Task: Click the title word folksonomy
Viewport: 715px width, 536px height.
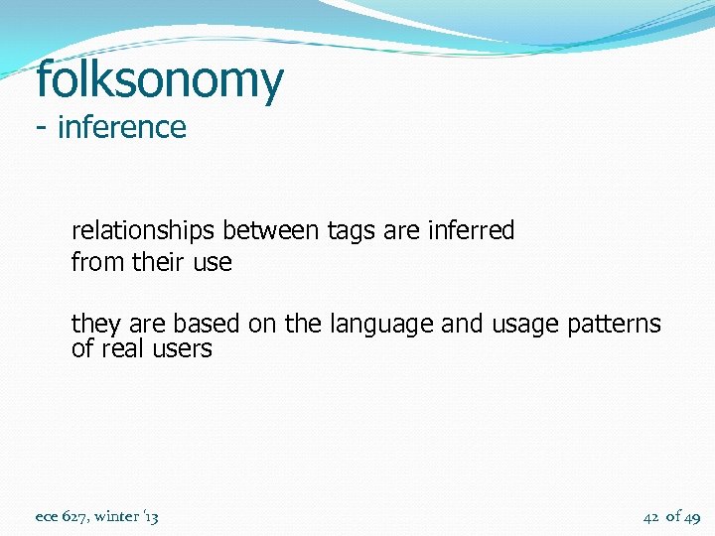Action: (x=159, y=81)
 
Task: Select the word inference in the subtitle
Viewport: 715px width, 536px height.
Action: (x=122, y=128)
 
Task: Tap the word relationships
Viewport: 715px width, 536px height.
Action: (x=143, y=231)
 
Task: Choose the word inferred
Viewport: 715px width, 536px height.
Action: (x=471, y=231)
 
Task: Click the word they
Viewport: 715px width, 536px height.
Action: (x=94, y=325)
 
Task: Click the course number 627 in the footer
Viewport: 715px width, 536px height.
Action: (x=74, y=516)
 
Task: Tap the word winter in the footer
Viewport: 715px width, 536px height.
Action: (x=118, y=516)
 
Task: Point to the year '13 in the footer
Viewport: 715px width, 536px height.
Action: (x=151, y=516)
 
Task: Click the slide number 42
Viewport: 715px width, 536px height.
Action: (x=651, y=516)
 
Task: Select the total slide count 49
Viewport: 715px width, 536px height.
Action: (x=692, y=517)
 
